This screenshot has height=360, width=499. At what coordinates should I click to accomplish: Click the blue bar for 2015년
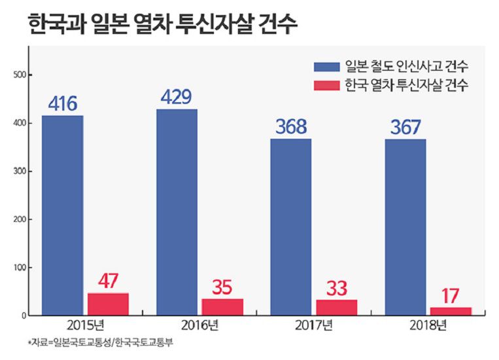click(x=63, y=215)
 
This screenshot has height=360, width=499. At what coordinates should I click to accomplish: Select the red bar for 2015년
click(x=108, y=304)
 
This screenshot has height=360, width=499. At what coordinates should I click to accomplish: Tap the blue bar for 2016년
click(x=177, y=212)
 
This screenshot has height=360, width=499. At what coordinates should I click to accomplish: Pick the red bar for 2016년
click(x=222, y=307)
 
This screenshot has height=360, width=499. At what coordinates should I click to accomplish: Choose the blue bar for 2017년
click(x=291, y=226)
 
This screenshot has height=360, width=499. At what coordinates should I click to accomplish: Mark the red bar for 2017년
click(x=337, y=307)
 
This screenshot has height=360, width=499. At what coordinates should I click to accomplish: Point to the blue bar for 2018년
click(x=405, y=227)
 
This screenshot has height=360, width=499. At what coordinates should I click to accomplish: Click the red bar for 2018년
click(x=451, y=311)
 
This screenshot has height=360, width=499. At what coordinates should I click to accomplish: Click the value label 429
click(x=177, y=97)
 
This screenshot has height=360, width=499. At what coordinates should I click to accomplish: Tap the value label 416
click(x=63, y=103)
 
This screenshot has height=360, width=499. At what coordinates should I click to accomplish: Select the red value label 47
click(x=108, y=281)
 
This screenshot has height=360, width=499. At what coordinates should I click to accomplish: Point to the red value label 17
click(x=451, y=295)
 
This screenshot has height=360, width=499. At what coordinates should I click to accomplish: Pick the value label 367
click(x=405, y=127)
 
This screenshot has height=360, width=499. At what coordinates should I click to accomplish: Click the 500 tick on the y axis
click(x=19, y=75)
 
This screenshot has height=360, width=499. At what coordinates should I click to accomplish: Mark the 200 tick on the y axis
click(x=19, y=219)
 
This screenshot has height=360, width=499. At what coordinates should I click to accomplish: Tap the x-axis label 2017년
click(x=315, y=325)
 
